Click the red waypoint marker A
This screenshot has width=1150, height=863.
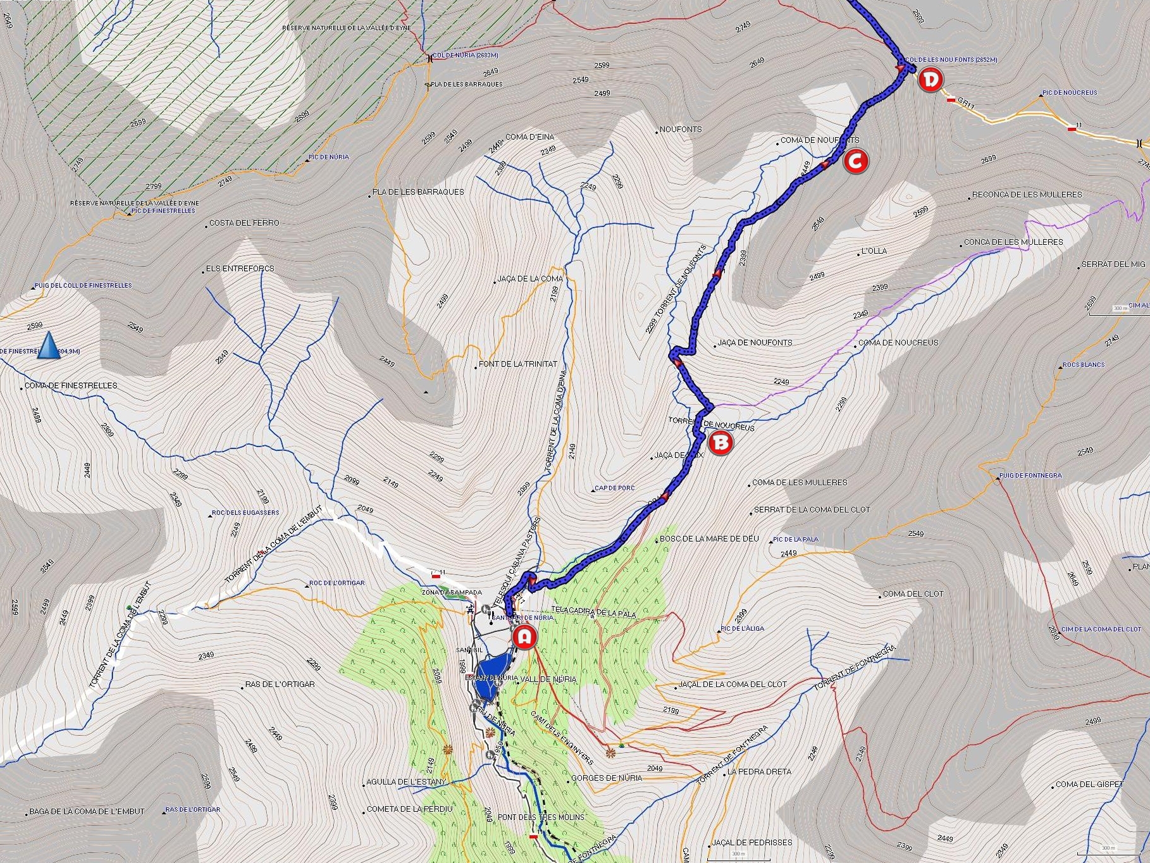tap(524, 637)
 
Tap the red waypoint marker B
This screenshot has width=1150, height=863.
tap(720, 443)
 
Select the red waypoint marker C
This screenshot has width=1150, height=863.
tap(855, 161)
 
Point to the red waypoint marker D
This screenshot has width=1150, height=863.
tap(930, 80)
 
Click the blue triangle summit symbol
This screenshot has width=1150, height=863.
tap(48, 347)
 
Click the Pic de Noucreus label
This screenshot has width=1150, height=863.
tap(1070, 92)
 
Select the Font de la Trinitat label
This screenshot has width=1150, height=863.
tap(518, 364)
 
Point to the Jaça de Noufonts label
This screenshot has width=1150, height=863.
tap(755, 342)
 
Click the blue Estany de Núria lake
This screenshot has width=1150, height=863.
tap(492, 673)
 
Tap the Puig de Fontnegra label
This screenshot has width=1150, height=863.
tap(1030, 475)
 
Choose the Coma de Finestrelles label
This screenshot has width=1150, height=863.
tap(71, 385)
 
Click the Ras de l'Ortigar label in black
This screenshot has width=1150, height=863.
tap(280, 684)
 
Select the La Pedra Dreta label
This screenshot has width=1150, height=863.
tap(759, 771)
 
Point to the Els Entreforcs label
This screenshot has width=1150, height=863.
tap(240, 268)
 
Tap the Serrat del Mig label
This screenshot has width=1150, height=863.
tap(1113, 264)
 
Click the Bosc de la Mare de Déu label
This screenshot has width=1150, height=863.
tap(709, 538)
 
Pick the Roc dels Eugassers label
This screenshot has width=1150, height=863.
tap(245, 512)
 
